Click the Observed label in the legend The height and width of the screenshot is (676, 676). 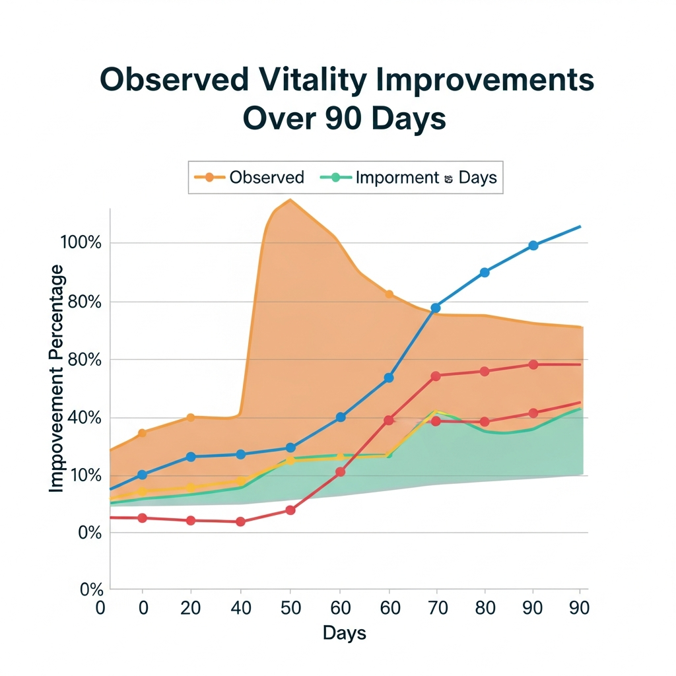coord(267,178)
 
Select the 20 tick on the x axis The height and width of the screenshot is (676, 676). coord(191,607)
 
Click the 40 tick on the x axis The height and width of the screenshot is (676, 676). coord(240,607)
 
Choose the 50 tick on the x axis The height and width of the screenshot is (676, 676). coord(290,607)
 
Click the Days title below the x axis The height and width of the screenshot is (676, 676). coord(344,634)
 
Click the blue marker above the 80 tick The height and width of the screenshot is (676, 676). coord(485,272)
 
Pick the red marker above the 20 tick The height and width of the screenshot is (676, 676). coord(191,520)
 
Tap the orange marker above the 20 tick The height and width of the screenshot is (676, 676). coord(191,417)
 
